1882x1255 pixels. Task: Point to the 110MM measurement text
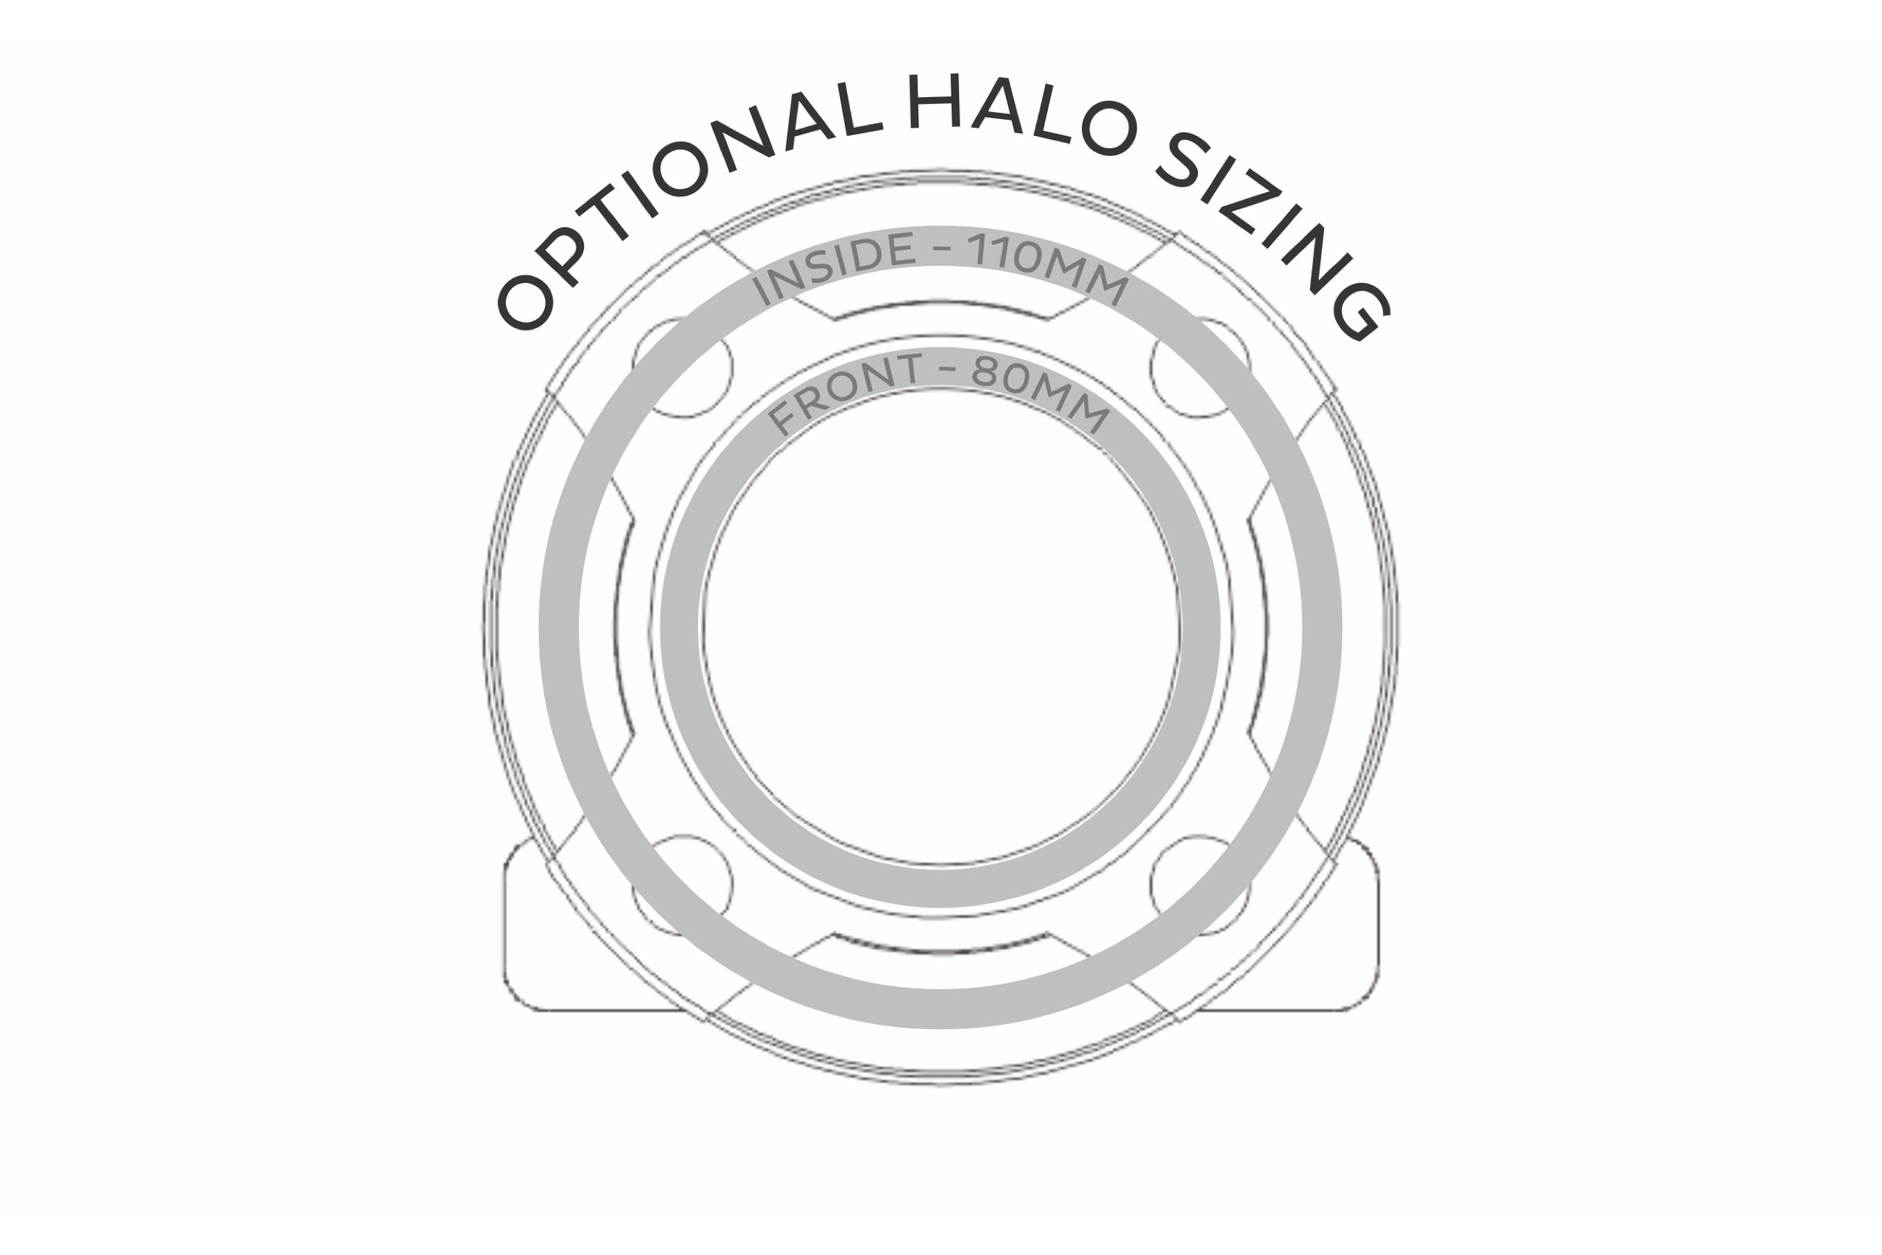1049,267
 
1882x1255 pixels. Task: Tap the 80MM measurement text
1041,393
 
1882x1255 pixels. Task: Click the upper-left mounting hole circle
682,367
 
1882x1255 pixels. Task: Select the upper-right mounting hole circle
1200,367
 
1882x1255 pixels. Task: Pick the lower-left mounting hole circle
682,886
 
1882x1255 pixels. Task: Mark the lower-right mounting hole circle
1200,886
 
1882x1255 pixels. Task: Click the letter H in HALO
933,102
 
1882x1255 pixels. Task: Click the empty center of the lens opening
941,629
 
